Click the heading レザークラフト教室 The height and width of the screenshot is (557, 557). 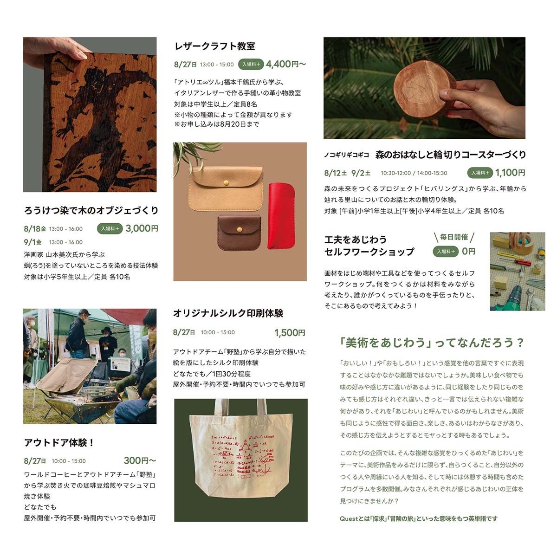tap(215, 46)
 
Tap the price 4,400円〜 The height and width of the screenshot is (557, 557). tap(285, 64)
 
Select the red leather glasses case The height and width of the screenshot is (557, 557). tap(281, 216)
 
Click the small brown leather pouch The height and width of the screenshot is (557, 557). tap(239, 233)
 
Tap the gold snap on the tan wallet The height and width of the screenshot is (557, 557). tap(227, 183)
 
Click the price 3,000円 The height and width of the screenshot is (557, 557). tap(142, 228)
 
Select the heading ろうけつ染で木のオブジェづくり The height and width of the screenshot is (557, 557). tap(91, 210)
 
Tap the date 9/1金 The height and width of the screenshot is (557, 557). tap(32, 242)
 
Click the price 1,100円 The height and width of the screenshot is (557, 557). tap(510, 173)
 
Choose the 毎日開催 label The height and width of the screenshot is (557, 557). tap(454, 237)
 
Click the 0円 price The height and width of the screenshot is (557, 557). tap(468, 251)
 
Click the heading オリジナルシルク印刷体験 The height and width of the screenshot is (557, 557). tap(228, 313)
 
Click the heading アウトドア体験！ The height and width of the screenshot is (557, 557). tap(59, 442)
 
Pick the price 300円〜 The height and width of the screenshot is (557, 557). tap(140, 460)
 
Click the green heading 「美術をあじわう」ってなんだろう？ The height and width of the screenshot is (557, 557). tap(432, 343)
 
